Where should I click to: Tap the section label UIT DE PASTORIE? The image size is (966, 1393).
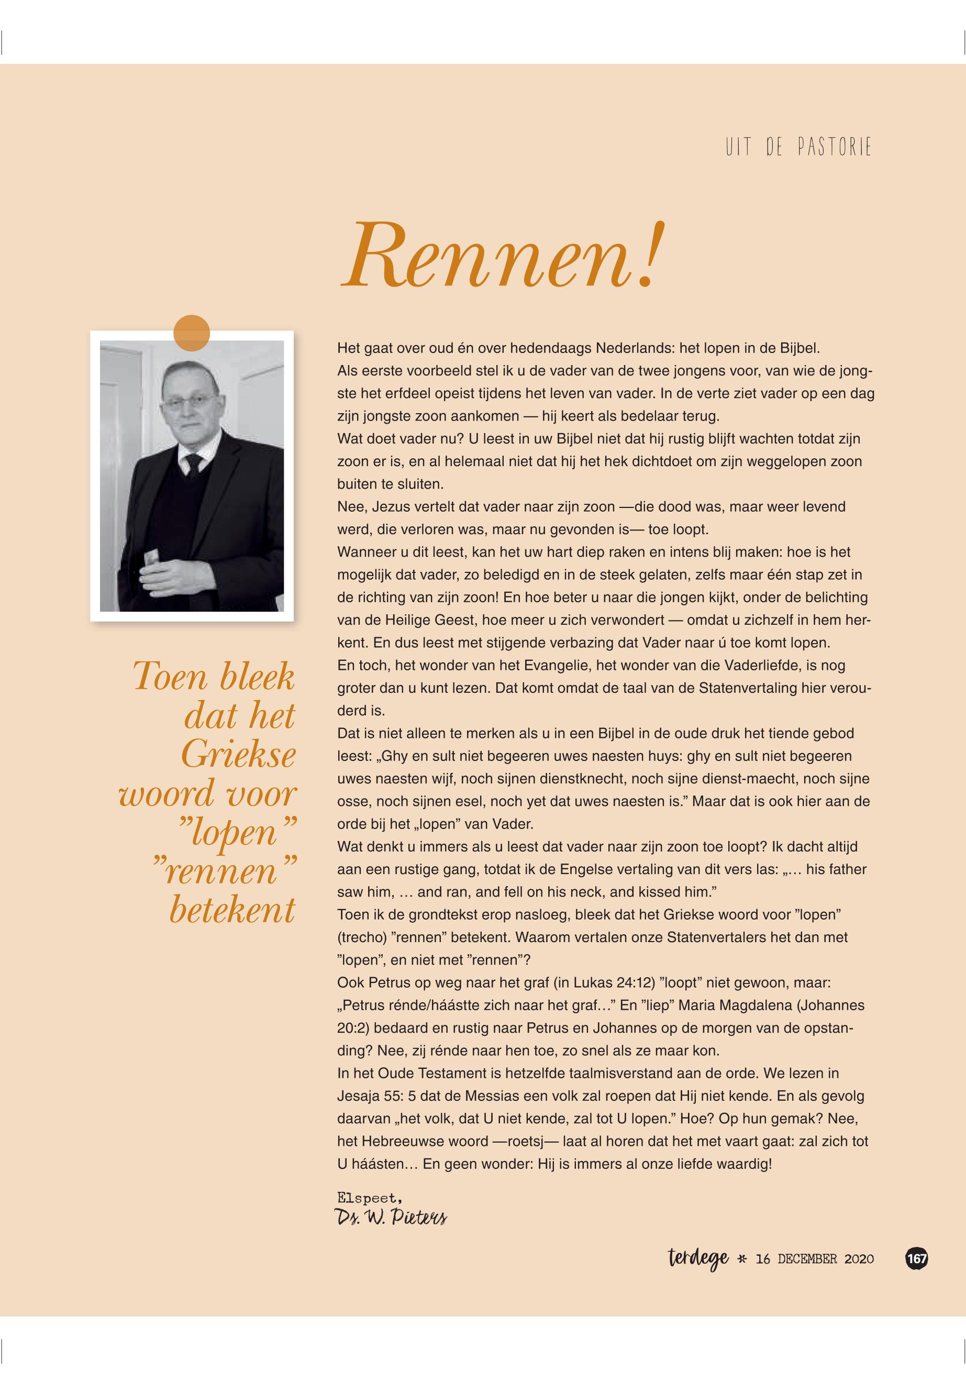coord(798,147)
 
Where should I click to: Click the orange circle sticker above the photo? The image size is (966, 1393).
coord(191,333)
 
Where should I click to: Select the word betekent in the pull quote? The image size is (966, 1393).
coord(232,910)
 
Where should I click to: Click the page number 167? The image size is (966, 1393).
coord(916,1258)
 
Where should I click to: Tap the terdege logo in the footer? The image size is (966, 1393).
coord(699,1258)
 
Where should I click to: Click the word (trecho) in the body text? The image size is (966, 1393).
coord(361,937)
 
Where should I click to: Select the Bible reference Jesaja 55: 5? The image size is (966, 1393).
coord(375,1096)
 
